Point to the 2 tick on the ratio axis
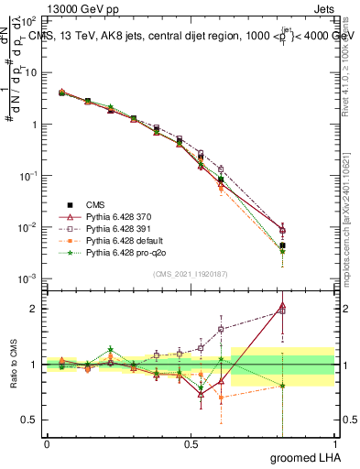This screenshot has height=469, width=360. [37, 309]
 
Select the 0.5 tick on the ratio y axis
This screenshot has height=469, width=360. [33, 420]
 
